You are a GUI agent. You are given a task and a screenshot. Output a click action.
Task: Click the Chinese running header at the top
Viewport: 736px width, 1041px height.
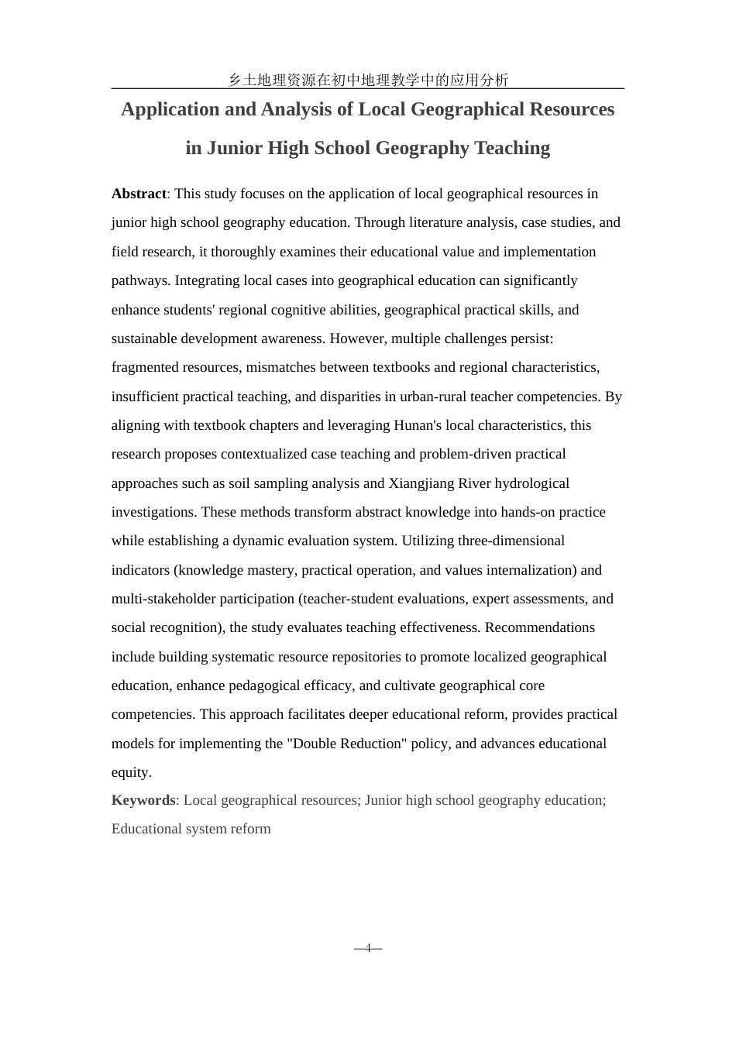tap(368, 79)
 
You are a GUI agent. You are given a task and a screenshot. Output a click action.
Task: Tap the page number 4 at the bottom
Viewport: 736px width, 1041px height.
tap(368, 948)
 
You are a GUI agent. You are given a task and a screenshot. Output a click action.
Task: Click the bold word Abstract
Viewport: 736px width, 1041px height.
tap(139, 194)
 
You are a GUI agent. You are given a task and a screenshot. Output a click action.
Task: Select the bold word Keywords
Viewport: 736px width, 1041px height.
tap(143, 800)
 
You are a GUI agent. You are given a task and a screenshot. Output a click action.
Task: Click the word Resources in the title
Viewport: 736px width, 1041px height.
tap(572, 109)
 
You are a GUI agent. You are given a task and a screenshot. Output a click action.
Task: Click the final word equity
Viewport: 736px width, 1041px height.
tap(130, 772)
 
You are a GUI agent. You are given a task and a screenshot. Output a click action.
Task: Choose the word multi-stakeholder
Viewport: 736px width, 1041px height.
tap(164, 599)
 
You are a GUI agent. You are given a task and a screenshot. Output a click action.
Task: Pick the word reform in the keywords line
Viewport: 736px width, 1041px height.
tap(250, 829)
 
